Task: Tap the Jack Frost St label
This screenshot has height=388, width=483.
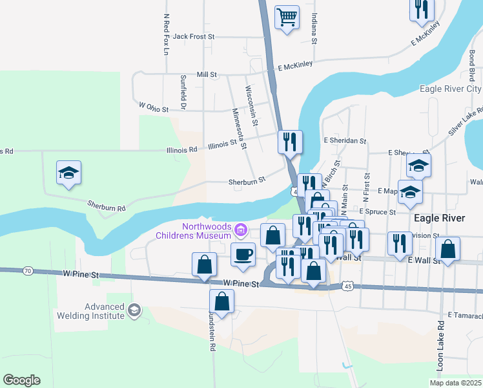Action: point(193,37)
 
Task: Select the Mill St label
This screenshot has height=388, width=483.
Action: point(207,75)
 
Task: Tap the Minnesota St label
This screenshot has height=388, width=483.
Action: point(240,128)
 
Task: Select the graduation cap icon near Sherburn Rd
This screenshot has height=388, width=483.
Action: point(68,173)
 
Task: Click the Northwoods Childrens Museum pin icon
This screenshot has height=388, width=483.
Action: point(241,230)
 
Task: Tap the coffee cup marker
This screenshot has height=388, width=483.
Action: point(243,254)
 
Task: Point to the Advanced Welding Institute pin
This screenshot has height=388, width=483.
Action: point(134,310)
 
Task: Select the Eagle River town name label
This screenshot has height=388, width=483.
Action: point(440,219)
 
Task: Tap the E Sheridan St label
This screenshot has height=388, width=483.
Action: point(345,140)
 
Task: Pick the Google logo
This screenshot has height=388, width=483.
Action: point(21,380)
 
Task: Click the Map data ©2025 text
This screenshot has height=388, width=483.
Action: point(455,383)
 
